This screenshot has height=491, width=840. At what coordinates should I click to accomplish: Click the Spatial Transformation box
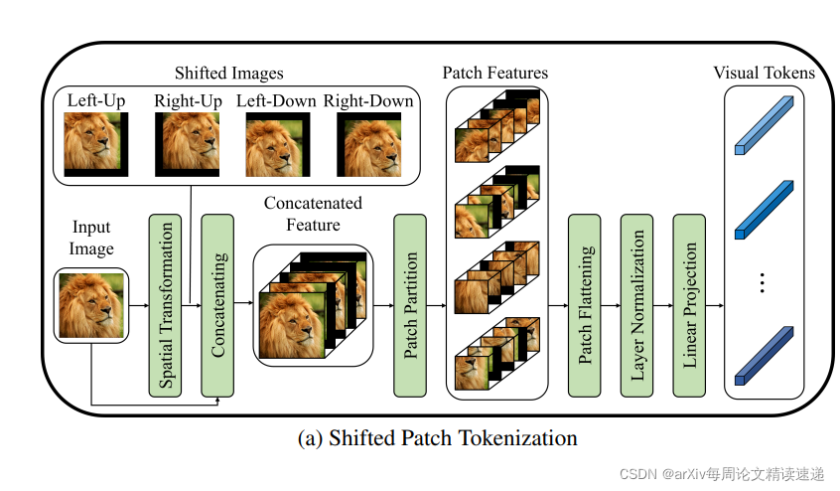pos(165,305)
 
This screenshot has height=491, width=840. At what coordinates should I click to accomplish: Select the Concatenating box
pos(218,305)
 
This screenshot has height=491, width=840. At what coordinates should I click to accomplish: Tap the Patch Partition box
pos(410,305)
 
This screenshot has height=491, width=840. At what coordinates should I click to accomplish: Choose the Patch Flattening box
pos(586,305)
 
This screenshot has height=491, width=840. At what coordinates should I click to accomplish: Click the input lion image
pos(90,305)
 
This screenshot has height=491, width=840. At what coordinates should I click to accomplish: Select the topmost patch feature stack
pos(496,125)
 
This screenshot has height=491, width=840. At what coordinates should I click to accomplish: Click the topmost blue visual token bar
pos(764,124)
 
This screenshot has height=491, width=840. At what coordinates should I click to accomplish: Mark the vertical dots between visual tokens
pos(763,283)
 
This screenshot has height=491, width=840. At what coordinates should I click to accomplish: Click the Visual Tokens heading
pos(764,74)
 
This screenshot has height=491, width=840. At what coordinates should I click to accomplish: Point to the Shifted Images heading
pos(228,74)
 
